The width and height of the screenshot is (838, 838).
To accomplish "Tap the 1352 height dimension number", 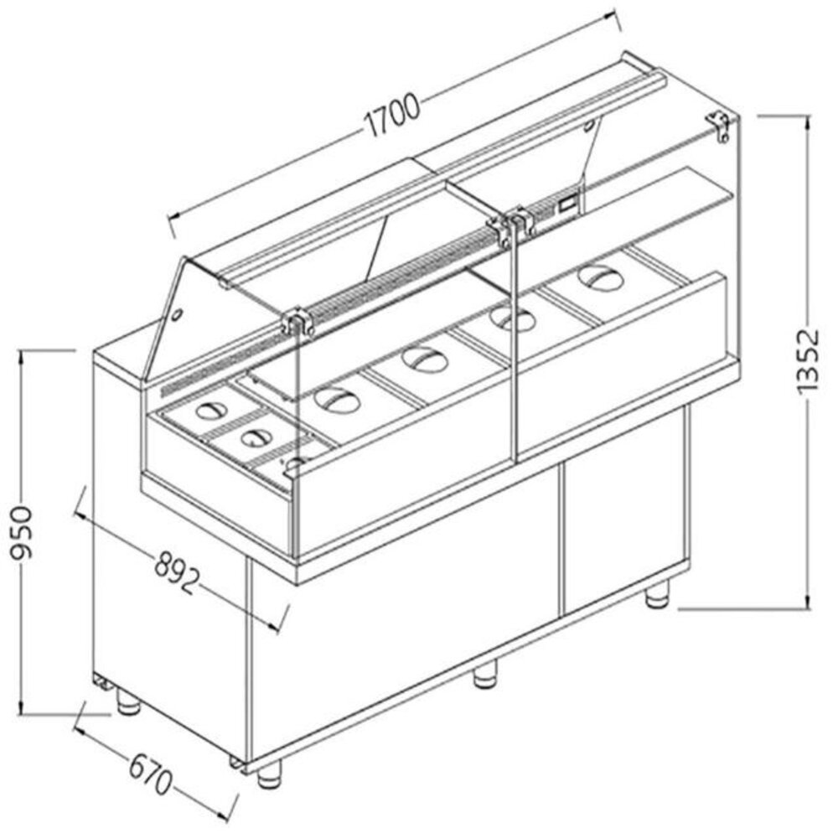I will click(x=806, y=361).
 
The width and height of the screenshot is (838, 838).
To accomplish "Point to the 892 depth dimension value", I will click(x=178, y=572).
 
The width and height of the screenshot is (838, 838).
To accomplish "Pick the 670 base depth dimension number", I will click(x=151, y=772).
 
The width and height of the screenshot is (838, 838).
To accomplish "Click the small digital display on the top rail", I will click(x=567, y=201).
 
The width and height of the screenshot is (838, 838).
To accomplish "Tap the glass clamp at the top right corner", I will click(x=720, y=123).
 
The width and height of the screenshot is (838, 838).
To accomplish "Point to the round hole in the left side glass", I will click(x=178, y=316).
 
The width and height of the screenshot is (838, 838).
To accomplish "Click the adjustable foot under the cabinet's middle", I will click(x=484, y=675).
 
